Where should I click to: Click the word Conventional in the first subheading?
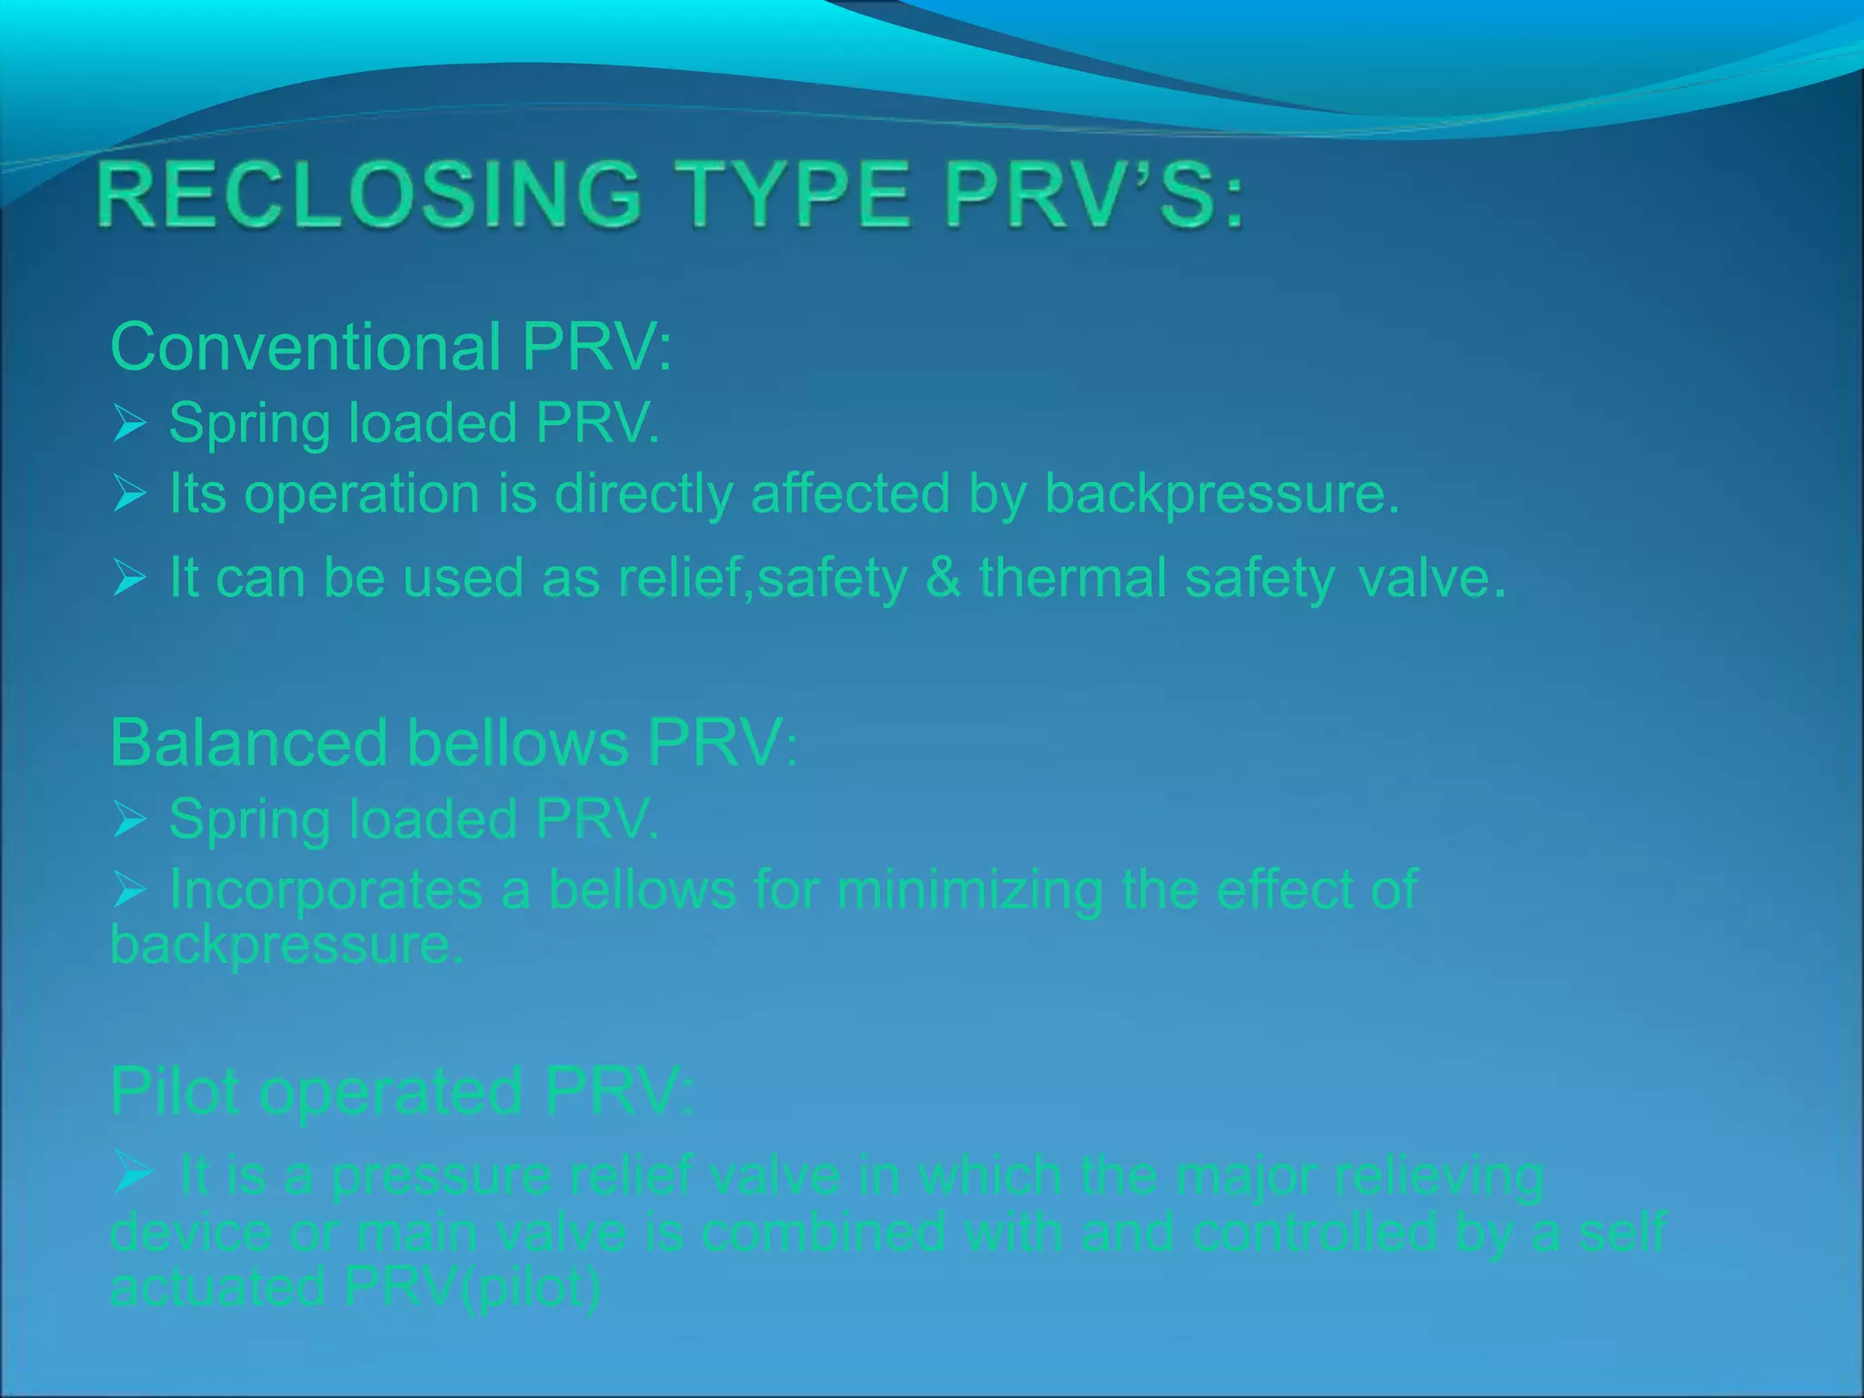pos(305,347)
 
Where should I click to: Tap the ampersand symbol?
pos(942,578)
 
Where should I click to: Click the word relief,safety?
pos(763,579)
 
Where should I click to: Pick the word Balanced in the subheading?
pos(248,743)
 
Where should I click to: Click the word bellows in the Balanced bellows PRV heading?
pos(517,743)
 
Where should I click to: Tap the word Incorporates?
pos(325,889)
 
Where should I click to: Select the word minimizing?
pos(969,889)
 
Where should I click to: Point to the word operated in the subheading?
pos(390,1092)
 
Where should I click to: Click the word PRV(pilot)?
pos(472,1287)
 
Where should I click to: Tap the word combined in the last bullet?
pos(824,1232)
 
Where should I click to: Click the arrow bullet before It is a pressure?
pos(133,1172)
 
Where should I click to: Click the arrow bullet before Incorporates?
pos(130,889)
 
